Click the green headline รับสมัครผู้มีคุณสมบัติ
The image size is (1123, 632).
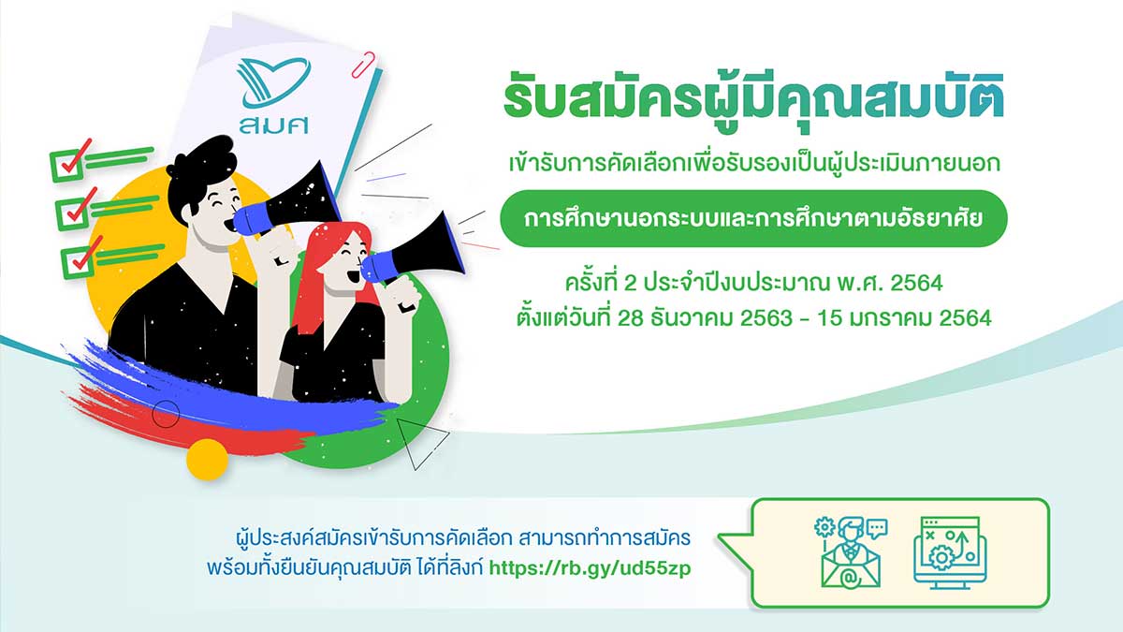(753, 102)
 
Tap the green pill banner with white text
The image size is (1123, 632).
(753, 219)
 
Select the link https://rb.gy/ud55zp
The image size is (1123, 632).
(591, 569)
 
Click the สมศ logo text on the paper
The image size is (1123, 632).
(273, 125)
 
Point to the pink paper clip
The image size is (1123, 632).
(363, 65)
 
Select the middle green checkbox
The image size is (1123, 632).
(75, 210)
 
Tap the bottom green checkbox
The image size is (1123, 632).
(80, 258)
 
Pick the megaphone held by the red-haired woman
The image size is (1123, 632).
(414, 251)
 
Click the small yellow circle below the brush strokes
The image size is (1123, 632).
(207, 459)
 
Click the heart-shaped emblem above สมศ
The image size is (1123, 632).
(273, 82)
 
